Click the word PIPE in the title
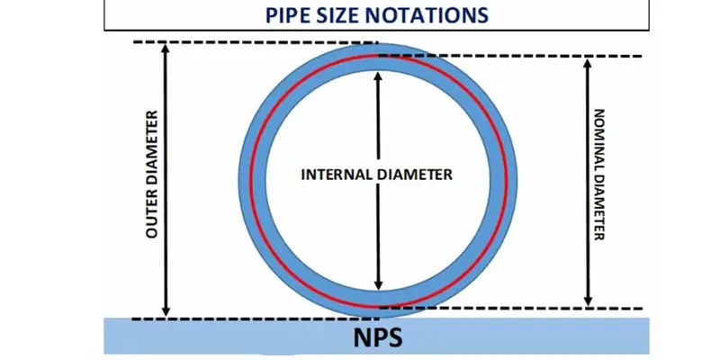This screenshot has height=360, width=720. [290, 15]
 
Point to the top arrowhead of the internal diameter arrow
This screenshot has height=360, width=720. [378, 76]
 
